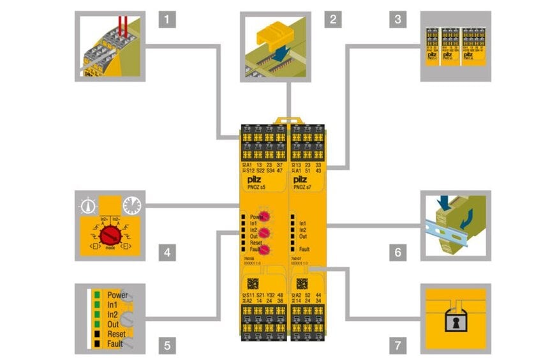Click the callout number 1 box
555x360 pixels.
pyautogui.click(x=167, y=19)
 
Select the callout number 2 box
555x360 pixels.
pyautogui.click(x=331, y=19)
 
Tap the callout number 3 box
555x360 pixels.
pyautogui.click(x=397, y=19)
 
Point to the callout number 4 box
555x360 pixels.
pyautogui.click(x=167, y=252)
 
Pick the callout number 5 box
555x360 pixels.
pyautogui.click(x=167, y=346)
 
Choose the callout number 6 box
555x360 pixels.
pyautogui.click(x=397, y=252)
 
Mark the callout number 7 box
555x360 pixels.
pyautogui.click(x=397, y=346)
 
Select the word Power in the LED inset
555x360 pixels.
pyautogui.click(x=117, y=296)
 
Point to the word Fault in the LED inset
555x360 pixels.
pyautogui.click(x=115, y=344)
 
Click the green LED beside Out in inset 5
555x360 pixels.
pyautogui.click(x=96, y=325)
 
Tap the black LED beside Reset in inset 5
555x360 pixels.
pyautogui.click(x=96, y=334)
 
